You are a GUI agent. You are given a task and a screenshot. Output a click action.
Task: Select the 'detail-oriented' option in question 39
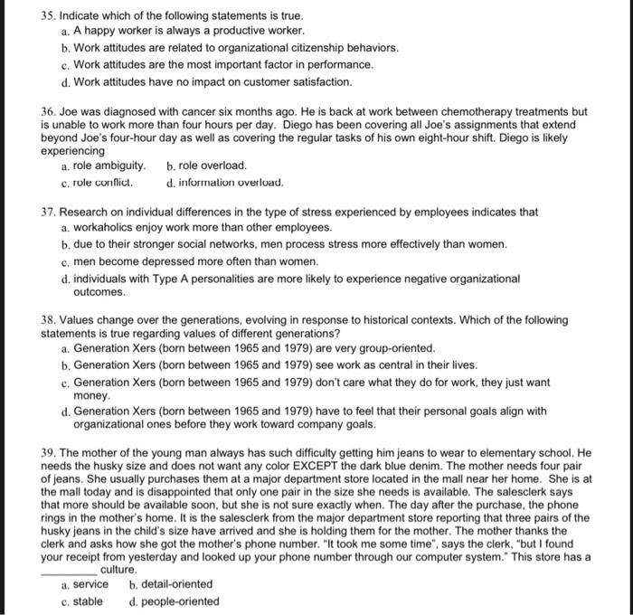point(174,584)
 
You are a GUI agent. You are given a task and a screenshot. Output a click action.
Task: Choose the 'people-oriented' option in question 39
point(174,601)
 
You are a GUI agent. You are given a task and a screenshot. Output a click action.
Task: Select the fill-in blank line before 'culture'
point(69,570)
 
